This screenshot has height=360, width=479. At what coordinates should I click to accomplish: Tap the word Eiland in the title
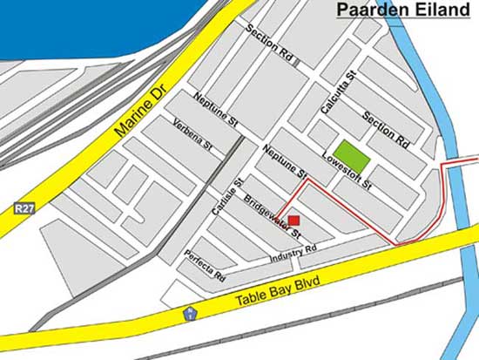coord(439,11)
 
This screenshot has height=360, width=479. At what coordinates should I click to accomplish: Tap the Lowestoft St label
coord(347,172)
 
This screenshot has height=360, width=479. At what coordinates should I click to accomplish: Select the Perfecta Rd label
coord(206,265)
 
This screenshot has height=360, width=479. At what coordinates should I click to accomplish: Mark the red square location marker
coord(293,221)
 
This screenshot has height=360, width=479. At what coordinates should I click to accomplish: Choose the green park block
coord(349,153)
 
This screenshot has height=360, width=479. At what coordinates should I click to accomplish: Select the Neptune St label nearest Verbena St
coord(215,111)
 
